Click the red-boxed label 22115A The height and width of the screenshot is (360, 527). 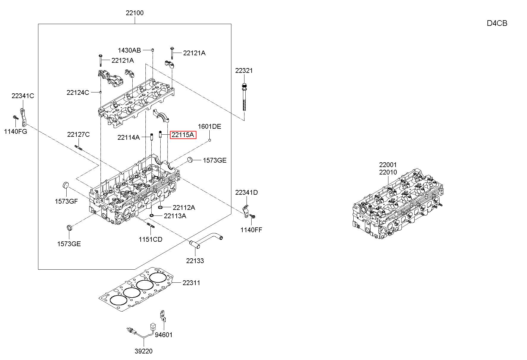pyautogui.click(x=183, y=135)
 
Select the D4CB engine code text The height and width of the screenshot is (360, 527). pyautogui.click(x=497, y=23)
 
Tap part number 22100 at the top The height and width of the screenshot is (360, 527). pyautogui.click(x=134, y=13)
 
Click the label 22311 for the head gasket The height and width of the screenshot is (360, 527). pyautogui.click(x=191, y=283)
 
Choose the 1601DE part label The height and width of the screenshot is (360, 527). pyautogui.click(x=210, y=126)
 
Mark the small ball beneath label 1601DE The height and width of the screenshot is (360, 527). pyautogui.click(x=210, y=140)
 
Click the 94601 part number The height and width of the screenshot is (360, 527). pyautogui.click(x=164, y=335)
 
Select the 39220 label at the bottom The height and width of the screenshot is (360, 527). pyautogui.click(x=143, y=351)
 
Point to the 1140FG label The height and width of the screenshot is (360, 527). pyautogui.click(x=15, y=131)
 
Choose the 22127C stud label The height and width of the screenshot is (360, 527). pyautogui.click(x=78, y=134)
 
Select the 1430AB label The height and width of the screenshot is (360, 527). pyautogui.click(x=129, y=50)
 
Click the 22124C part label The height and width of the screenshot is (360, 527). pyautogui.click(x=78, y=92)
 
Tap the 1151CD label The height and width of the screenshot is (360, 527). pyautogui.click(x=150, y=239)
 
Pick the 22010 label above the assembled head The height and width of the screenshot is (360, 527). pyautogui.click(x=388, y=172)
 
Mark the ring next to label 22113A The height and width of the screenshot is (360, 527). pyautogui.click(x=152, y=215)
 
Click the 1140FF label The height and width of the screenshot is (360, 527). pyautogui.click(x=251, y=229)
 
